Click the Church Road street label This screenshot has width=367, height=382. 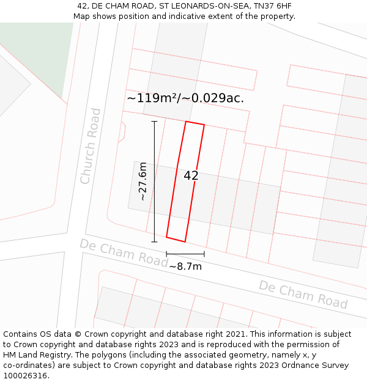click(x=90, y=145)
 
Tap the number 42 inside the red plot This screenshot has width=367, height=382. click(x=191, y=175)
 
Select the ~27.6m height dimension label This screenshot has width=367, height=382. click(x=143, y=181)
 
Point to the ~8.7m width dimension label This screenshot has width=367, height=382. click(x=185, y=266)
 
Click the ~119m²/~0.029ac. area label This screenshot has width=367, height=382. click(x=185, y=98)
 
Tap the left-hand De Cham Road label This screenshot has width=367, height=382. click(x=124, y=252)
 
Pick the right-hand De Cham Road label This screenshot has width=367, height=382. click(x=303, y=295)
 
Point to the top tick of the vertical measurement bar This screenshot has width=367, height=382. click(x=154, y=122)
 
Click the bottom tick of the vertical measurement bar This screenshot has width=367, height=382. click(x=154, y=241)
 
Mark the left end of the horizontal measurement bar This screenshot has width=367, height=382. click(x=166, y=253)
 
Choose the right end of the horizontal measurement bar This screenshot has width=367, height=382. click(x=204, y=253)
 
